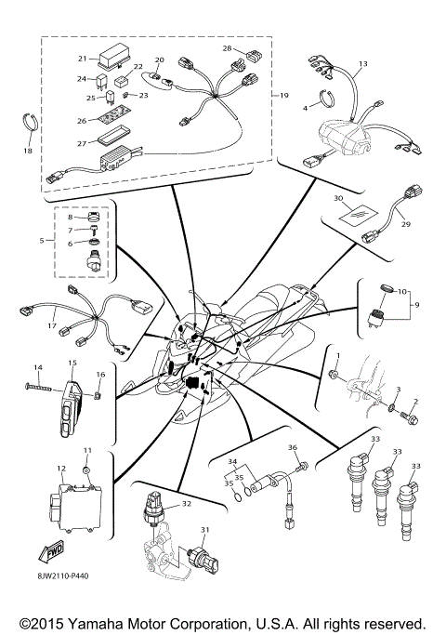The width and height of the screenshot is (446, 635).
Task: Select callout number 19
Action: coord(284,95)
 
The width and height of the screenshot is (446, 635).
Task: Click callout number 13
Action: coord(363,63)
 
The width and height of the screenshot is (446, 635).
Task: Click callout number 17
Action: coord(52,326)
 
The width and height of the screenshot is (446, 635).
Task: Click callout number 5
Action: coord(42,240)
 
